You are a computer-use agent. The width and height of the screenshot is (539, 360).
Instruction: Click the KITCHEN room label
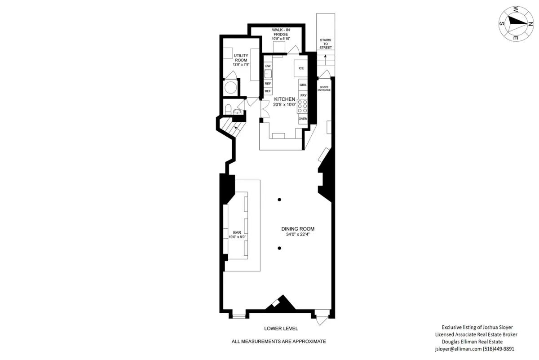tap(285, 99)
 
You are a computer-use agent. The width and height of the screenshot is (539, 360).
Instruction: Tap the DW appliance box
tap(268, 66)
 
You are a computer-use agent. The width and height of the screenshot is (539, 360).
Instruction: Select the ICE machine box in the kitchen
tap(301, 68)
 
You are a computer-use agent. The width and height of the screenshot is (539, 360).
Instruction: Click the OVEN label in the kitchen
tap(303, 119)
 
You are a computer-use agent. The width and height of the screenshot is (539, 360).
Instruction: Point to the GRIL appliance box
tap(303, 84)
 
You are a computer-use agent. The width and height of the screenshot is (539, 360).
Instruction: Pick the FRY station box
tap(303, 95)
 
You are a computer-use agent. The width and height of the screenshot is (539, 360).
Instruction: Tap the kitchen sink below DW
tap(268, 75)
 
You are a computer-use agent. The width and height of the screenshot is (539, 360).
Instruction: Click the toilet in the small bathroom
tap(228, 109)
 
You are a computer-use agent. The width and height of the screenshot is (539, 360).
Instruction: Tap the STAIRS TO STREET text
tap(325, 44)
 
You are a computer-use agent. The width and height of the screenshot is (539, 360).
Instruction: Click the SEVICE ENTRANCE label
tap(324, 89)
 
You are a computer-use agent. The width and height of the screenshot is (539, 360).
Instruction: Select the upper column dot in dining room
tap(279, 200)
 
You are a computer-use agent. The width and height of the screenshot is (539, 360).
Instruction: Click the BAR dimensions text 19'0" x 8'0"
tap(238, 236)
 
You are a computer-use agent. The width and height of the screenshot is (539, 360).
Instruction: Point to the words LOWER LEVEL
tap(281, 329)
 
